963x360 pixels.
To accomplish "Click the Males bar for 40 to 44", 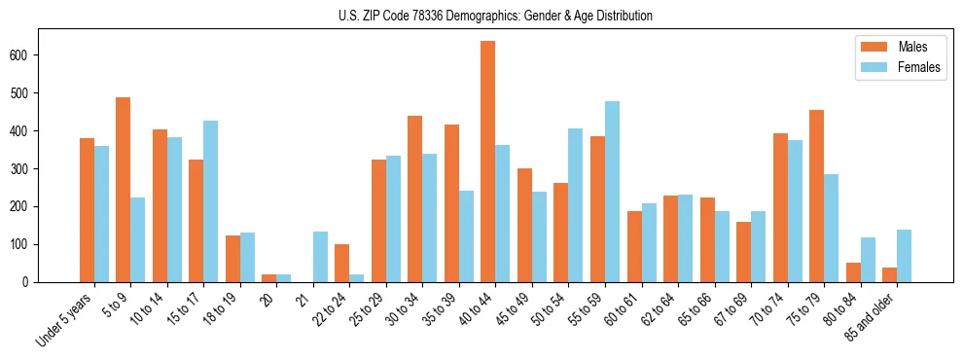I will pyautogui.click(x=488, y=162).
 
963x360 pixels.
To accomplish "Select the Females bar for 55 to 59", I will pyautogui.click(x=612, y=192).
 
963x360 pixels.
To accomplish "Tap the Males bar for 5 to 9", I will pyautogui.click(x=124, y=190).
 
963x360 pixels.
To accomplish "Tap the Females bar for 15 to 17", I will pyautogui.click(x=211, y=201).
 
